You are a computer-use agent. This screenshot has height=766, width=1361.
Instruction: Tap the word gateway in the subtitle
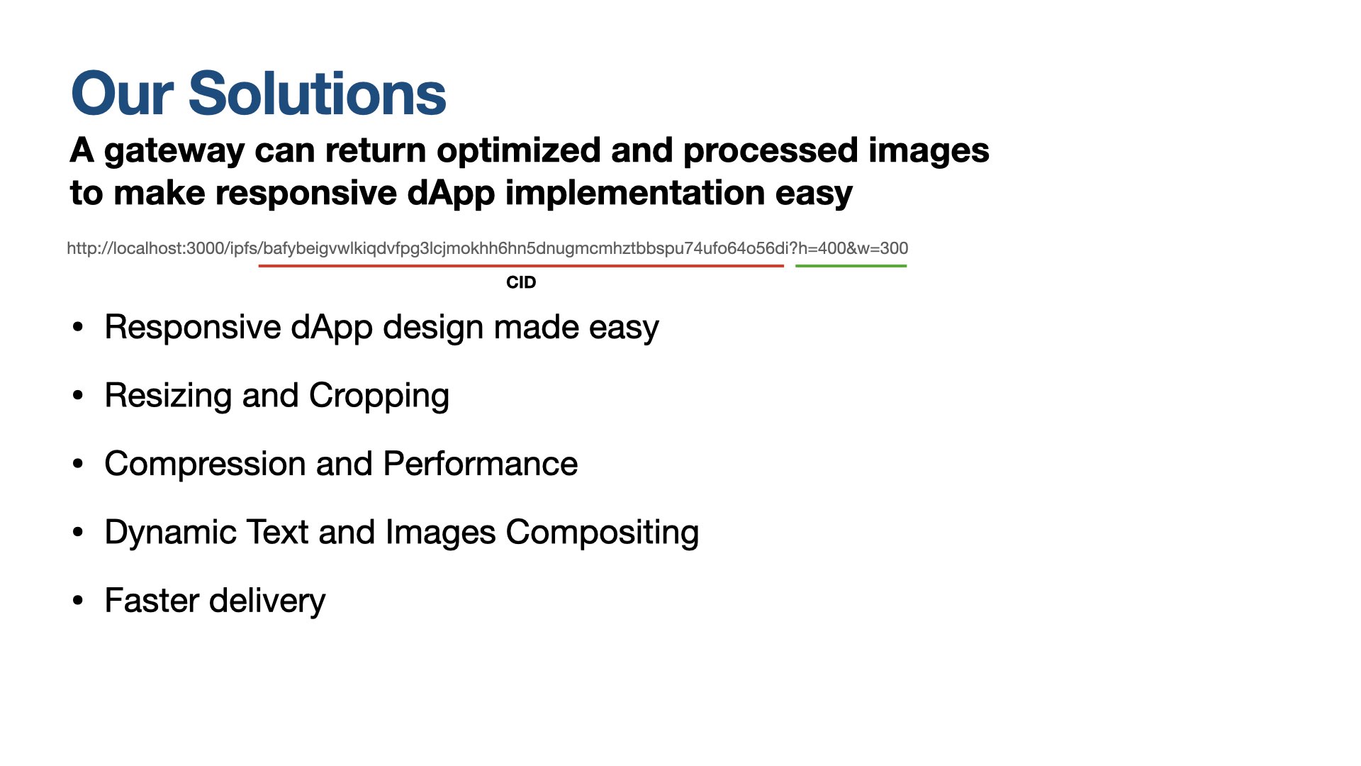click(x=174, y=152)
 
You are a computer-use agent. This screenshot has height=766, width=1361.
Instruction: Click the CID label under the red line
click(x=521, y=282)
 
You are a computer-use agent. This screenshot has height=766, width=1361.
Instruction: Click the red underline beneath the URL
click(x=521, y=266)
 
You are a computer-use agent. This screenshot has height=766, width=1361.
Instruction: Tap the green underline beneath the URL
click(x=851, y=266)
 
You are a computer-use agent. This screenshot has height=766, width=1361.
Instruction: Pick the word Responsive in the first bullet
click(x=193, y=328)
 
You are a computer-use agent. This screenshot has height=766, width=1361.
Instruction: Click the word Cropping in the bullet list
click(x=379, y=396)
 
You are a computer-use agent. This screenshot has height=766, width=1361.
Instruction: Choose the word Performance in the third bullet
click(x=481, y=464)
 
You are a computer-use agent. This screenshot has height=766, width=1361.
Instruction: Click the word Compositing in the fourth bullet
click(x=603, y=533)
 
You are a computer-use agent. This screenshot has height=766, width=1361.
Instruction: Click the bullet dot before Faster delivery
click(x=78, y=601)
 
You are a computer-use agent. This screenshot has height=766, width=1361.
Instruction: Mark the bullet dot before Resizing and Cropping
click(x=78, y=396)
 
